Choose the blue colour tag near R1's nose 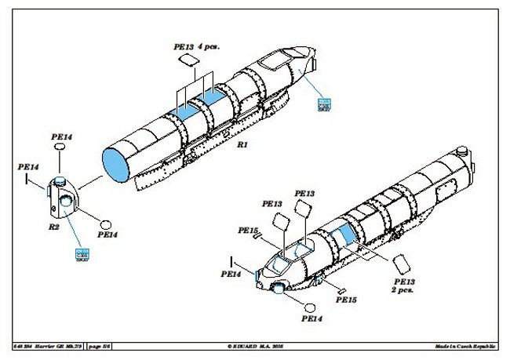click(322, 104)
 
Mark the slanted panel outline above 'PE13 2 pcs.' click(400, 261)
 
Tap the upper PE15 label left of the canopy click(248, 231)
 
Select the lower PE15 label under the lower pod click(346, 299)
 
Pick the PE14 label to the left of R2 click(28, 166)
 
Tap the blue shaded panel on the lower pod click(343, 236)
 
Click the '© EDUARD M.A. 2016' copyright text click(255, 346)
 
